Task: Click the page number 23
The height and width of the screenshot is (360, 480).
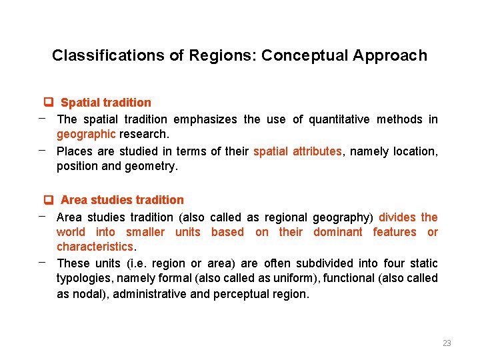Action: tap(447, 343)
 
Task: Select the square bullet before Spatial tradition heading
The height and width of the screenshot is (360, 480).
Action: tap(48, 102)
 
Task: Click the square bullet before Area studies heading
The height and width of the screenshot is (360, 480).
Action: tap(48, 199)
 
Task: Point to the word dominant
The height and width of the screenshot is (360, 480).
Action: tap(337, 232)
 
